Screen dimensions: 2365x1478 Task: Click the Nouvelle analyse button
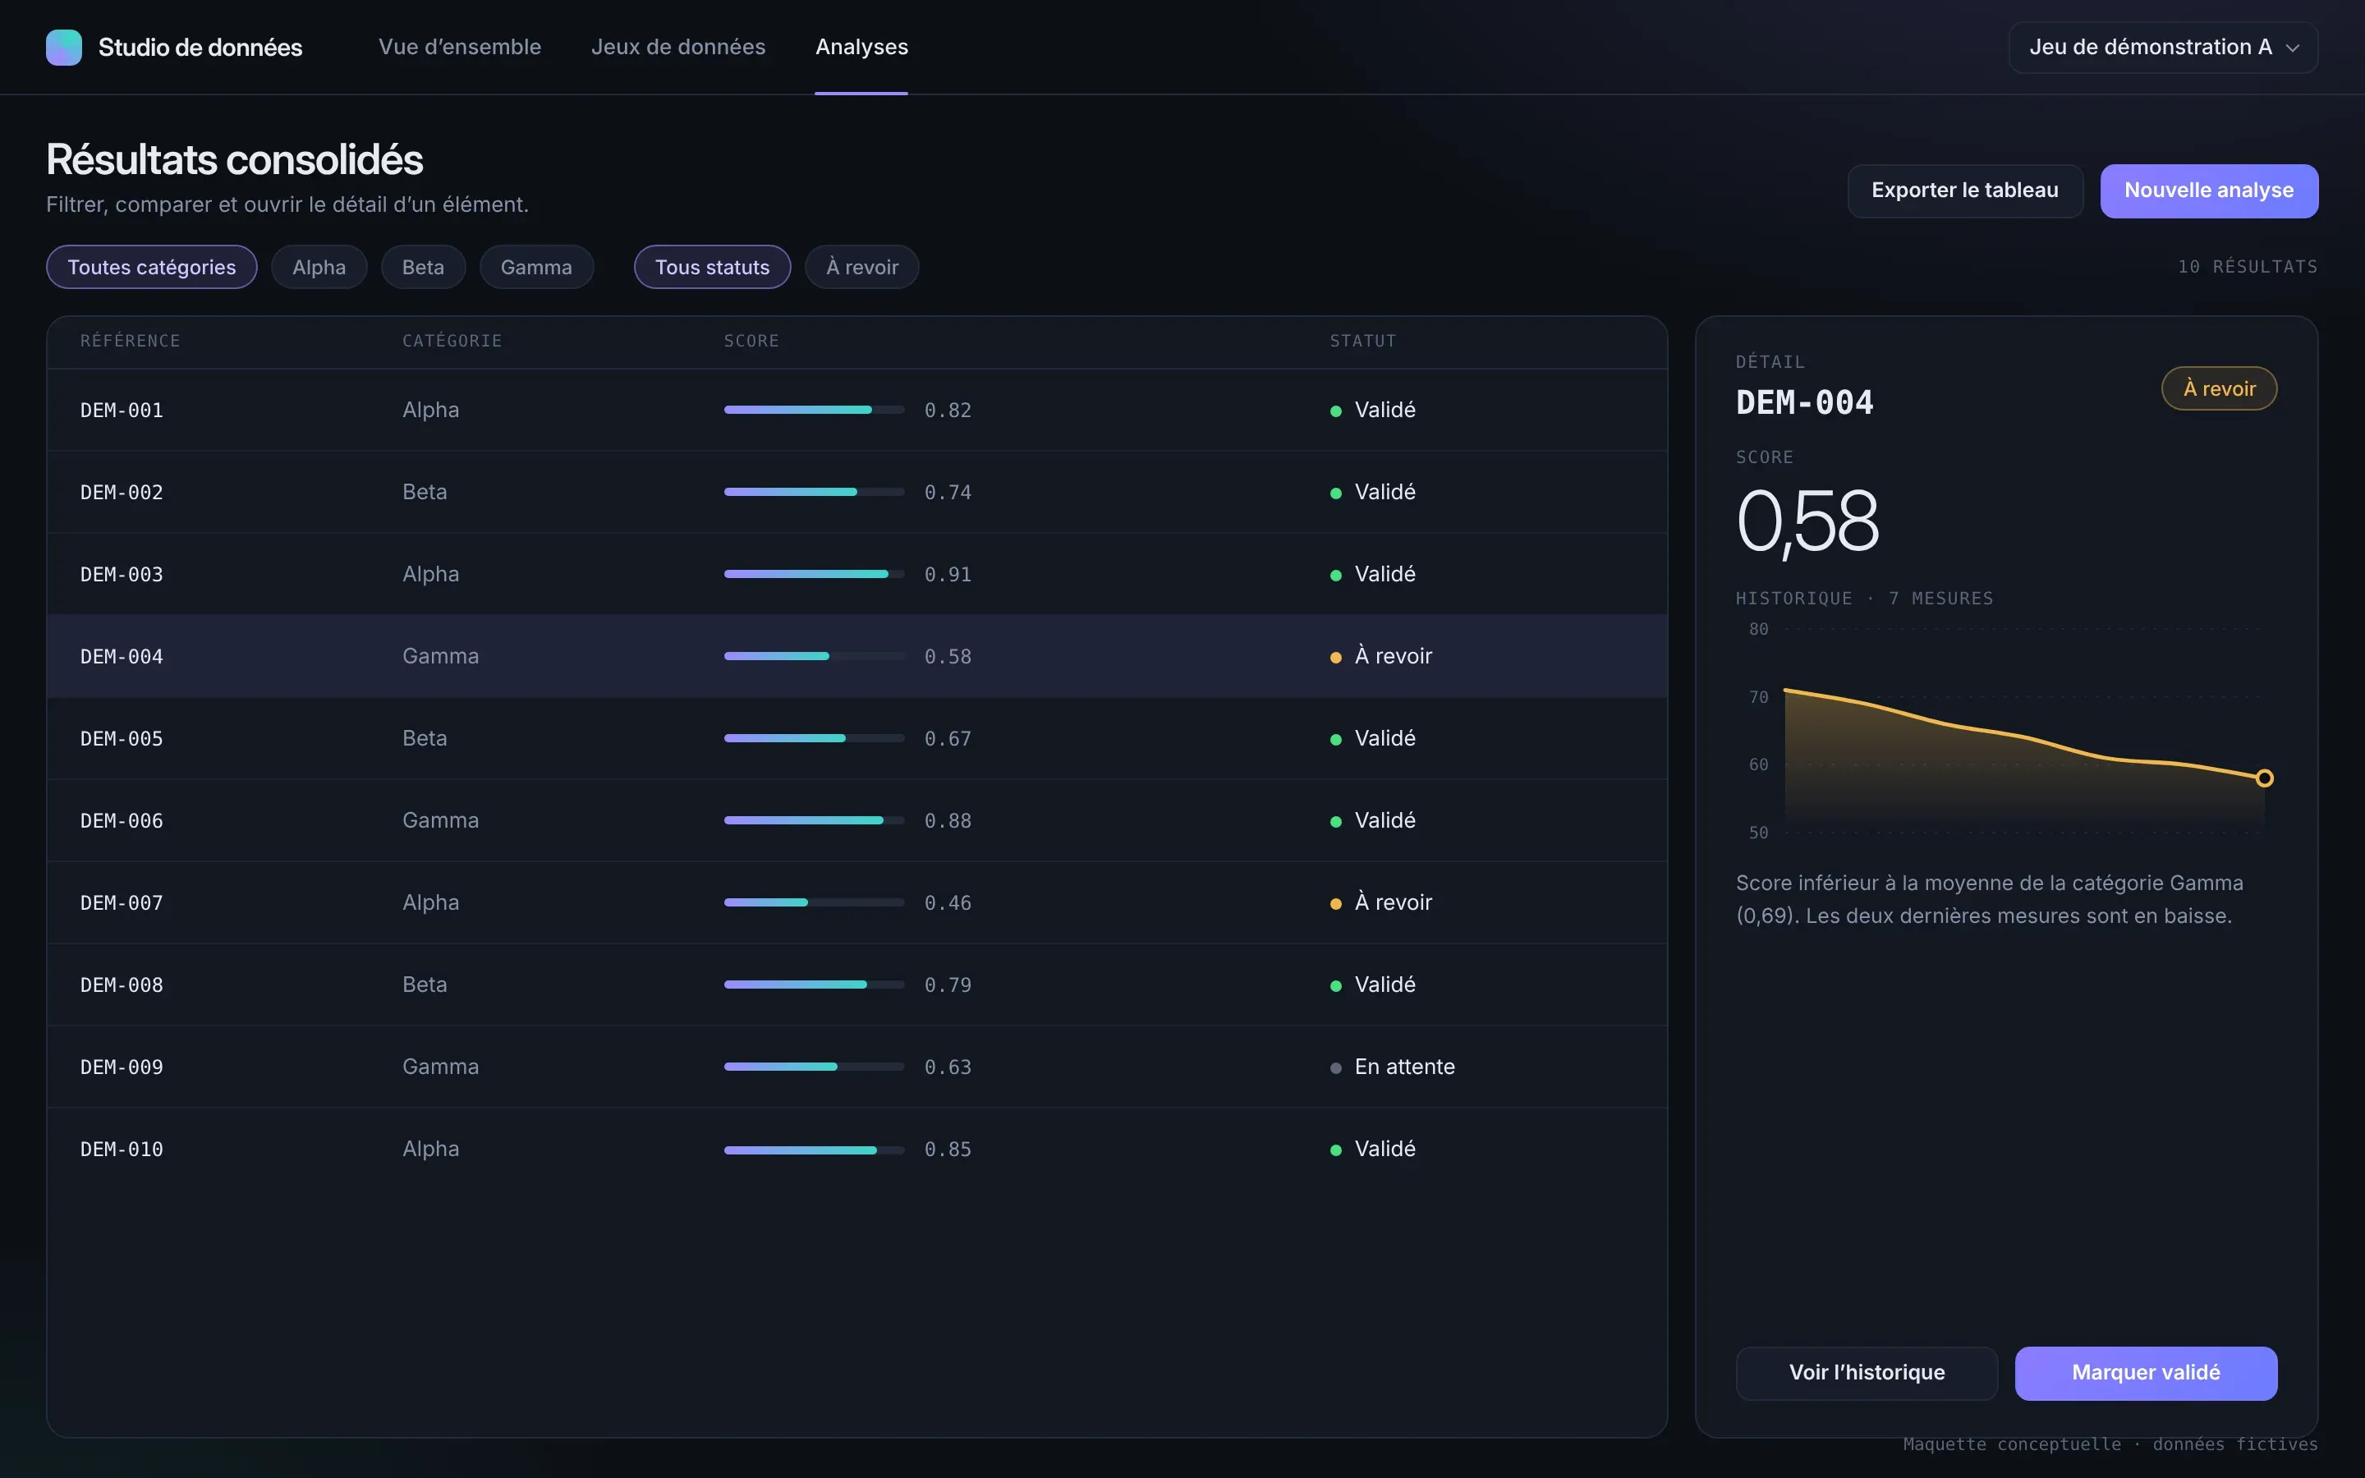[x=2209, y=190]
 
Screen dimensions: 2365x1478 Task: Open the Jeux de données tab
[x=678, y=47]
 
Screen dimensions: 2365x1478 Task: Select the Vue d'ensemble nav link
[x=459, y=47]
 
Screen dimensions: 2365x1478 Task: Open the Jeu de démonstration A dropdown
[x=2163, y=47]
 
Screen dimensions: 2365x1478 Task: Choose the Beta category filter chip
[x=423, y=267]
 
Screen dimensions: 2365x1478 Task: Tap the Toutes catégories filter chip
[x=151, y=267]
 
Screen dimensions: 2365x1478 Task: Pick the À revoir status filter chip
[x=862, y=267]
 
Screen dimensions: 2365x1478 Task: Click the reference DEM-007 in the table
[x=122, y=903]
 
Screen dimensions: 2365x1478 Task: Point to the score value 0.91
[x=948, y=575]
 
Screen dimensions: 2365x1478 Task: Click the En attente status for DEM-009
[x=1404, y=1067]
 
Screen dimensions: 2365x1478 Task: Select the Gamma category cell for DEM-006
[x=441, y=820]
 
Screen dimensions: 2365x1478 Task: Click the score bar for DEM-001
[x=814, y=410]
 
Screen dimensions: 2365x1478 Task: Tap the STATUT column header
[x=1363, y=341]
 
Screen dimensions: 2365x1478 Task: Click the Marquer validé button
[x=2146, y=1372]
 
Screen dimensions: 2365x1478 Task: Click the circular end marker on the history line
[x=2264, y=778]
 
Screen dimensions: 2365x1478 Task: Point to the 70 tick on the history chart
[x=1759, y=697]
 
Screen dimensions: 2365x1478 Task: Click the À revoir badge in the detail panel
[x=2220, y=389]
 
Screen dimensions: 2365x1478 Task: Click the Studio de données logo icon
[x=63, y=47]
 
